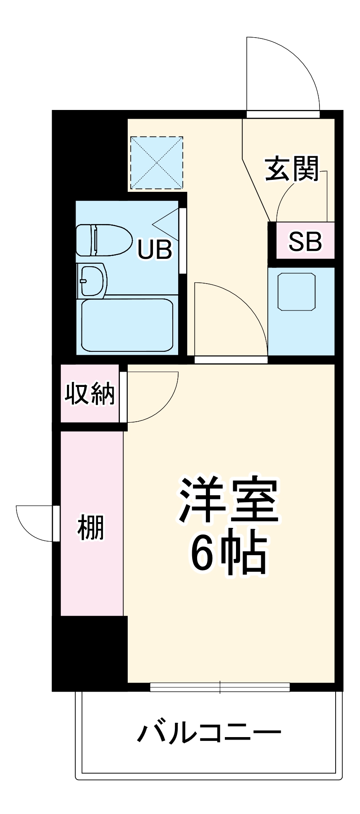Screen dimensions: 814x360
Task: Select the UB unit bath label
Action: click(155, 249)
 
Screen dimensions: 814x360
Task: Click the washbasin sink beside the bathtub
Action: click(92, 281)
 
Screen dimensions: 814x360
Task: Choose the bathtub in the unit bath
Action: click(127, 325)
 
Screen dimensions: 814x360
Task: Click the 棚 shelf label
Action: click(91, 527)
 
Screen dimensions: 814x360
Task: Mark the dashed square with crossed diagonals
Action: click(156, 163)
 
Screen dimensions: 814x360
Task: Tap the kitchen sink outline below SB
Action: click(296, 291)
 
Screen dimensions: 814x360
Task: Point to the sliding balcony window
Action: click(219, 687)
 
